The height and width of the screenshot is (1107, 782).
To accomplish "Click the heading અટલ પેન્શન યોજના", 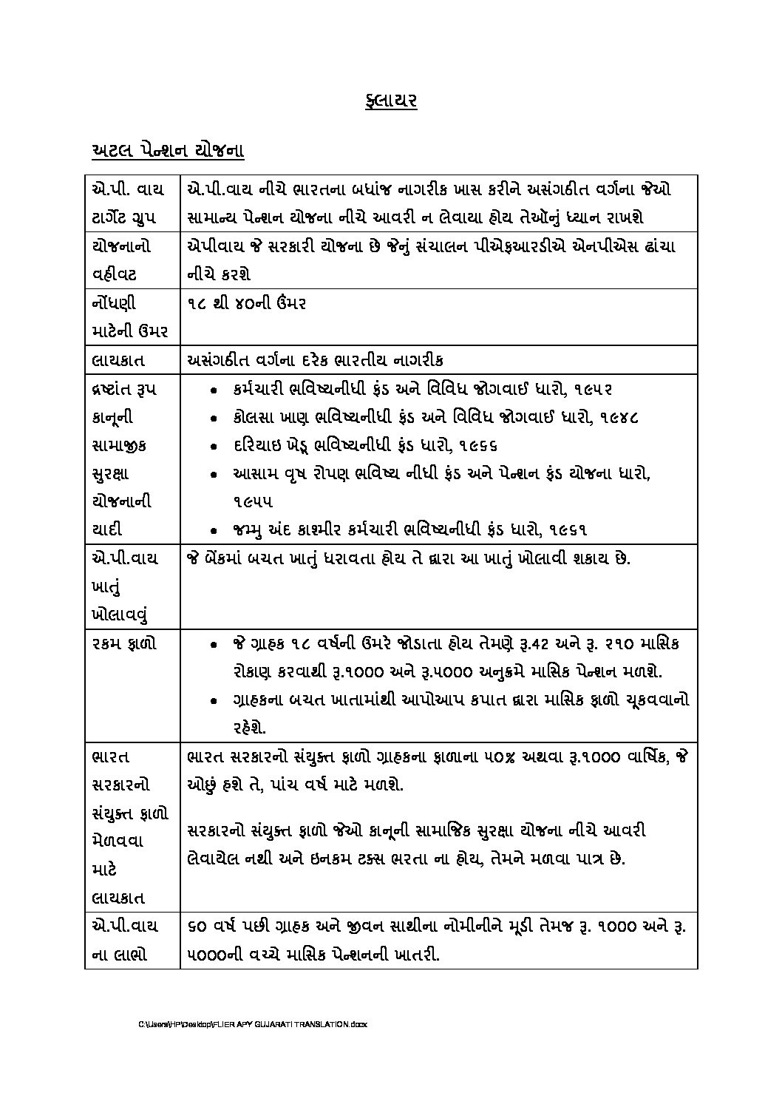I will (168, 151).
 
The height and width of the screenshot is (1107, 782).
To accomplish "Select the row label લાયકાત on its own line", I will (118, 360).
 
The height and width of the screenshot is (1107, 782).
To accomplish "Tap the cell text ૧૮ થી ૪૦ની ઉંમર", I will (247, 303).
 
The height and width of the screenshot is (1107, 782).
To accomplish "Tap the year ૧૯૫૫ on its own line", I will (251, 502).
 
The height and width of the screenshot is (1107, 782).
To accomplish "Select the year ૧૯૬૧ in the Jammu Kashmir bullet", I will (570, 529).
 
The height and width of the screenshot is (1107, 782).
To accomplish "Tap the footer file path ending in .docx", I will (252, 1024).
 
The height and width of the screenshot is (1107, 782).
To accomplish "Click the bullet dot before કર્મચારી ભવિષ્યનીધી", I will (213, 390).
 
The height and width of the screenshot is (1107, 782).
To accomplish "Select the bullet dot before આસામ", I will (213, 475).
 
